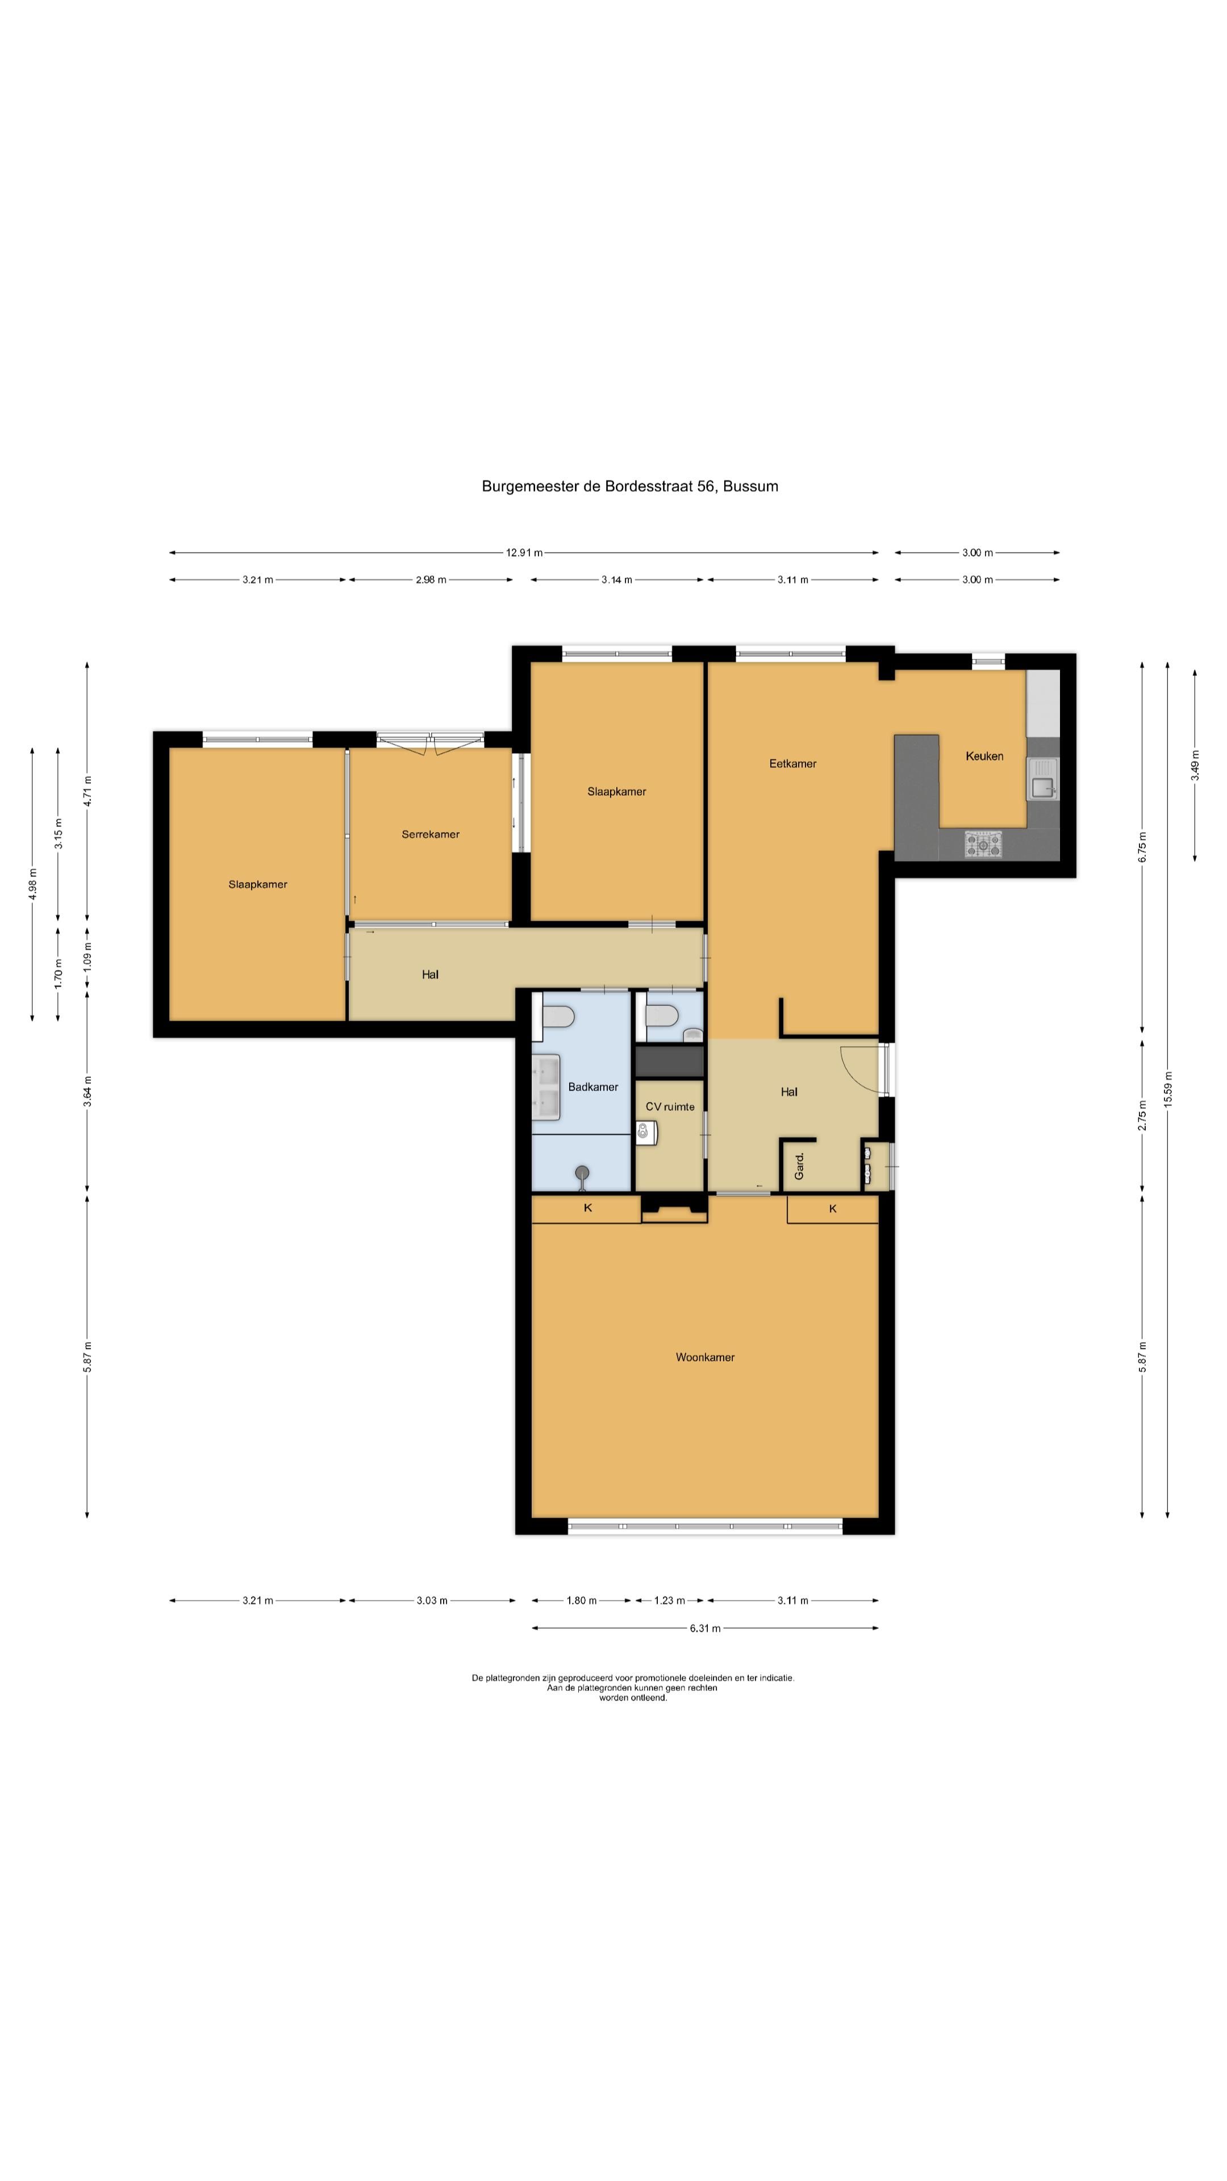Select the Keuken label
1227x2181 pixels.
coord(984,756)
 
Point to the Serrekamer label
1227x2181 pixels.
coord(430,834)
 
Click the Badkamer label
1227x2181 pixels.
coord(592,1087)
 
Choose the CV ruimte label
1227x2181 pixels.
coord(670,1106)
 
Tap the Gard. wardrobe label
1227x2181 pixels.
coord(799,1167)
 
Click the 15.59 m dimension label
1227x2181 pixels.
coord(1168,1090)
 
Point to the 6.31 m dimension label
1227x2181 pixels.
coord(704,1627)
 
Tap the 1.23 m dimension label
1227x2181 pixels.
coord(669,1600)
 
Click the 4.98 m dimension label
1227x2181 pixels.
coord(32,885)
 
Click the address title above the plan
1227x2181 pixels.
coord(630,486)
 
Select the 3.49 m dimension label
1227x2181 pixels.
coord(1195,766)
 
